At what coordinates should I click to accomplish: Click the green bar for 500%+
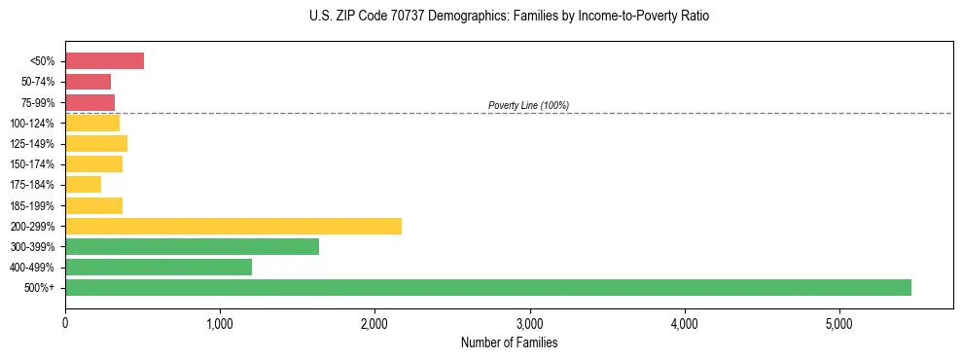pos(487,287)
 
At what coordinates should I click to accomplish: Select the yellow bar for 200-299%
pos(233,226)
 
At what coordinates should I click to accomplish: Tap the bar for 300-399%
pos(192,246)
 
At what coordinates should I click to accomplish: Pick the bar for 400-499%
pos(159,267)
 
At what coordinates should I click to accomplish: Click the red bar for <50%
pos(104,60)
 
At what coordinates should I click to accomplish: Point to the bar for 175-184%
pos(83,184)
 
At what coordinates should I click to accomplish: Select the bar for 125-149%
pos(96,143)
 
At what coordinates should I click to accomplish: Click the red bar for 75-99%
pos(89,102)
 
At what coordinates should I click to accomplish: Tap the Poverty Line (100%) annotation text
pos(528,105)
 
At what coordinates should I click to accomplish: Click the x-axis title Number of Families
pos(509,342)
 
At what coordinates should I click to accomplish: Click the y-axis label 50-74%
pos(39,82)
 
